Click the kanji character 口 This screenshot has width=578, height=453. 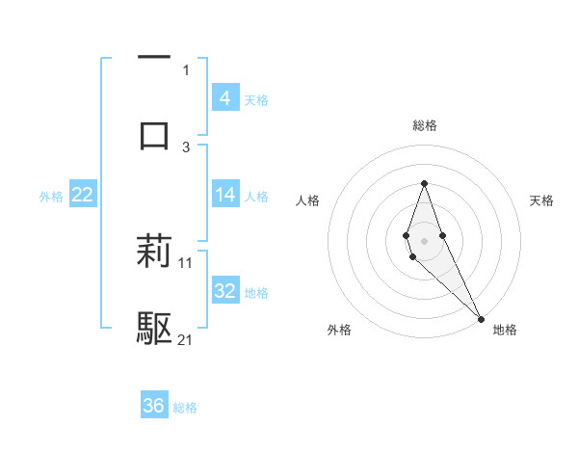point(154,134)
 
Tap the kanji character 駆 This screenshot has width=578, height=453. point(154,329)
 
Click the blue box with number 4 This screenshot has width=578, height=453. point(224,98)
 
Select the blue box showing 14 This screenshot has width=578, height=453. point(224,195)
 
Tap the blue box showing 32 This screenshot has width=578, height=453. point(224,291)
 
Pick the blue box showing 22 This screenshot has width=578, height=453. point(82,195)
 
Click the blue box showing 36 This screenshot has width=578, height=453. point(153,406)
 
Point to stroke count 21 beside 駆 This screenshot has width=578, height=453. point(186,339)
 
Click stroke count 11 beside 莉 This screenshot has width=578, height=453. point(186,261)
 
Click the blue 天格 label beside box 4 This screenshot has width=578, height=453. point(256,99)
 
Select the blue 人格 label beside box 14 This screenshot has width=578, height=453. point(256,196)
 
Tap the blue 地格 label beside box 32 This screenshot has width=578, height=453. point(256,292)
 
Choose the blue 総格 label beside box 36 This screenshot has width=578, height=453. point(185,408)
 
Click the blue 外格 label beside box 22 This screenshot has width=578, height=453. point(51,196)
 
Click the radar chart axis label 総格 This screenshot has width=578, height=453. point(425,125)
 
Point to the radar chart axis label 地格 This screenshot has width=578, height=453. point(505,330)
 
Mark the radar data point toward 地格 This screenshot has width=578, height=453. point(481,318)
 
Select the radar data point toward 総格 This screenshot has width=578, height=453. point(425,183)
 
